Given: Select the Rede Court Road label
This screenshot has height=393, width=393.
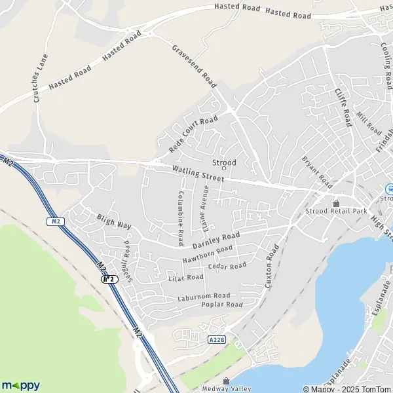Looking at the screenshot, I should coord(193,134).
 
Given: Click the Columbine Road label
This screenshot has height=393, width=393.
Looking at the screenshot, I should coord(180,218).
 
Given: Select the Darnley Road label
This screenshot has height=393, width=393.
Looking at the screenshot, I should coord(217,240).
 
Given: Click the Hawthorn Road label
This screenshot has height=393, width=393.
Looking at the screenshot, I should coord(208,253).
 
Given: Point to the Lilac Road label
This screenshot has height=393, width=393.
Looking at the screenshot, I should coord(186,278).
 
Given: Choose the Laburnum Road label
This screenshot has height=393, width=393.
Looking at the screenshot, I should coord(204,296).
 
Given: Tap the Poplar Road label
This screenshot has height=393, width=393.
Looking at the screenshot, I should coord(222,305).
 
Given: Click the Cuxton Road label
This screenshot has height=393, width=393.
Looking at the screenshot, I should coord(272,267).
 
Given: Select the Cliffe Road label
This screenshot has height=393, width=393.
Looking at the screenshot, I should coord(343,107).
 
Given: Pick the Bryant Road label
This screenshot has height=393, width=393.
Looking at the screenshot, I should coord(318,169).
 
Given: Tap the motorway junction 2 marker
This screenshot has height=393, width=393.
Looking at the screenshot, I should coord(109,279).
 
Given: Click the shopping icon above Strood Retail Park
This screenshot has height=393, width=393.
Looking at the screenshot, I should coord(337,204).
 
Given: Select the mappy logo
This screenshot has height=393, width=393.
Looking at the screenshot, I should coord(20,385).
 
